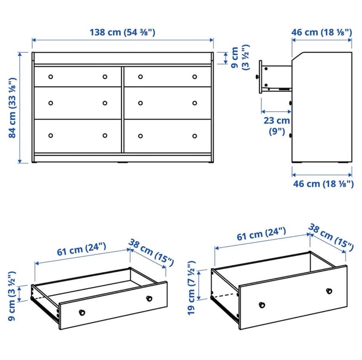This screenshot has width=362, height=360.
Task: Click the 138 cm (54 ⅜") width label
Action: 122,32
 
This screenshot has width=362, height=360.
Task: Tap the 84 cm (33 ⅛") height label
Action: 12,108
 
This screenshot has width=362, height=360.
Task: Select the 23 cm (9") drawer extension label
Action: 276,126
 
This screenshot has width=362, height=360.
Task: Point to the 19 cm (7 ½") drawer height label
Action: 192,288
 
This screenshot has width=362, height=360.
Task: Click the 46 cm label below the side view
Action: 323,184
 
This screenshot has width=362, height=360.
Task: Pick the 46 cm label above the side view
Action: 322,32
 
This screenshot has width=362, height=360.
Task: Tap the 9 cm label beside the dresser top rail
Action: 240,57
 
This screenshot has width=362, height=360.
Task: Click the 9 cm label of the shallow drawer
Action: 12,296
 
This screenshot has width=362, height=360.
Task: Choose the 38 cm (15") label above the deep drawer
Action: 331,237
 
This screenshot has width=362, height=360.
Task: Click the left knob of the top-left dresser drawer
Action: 51,77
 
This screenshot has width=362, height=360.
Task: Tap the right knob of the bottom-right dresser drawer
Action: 195,136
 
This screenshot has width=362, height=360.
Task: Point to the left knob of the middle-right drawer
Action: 140,103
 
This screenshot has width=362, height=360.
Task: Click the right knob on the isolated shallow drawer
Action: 149,298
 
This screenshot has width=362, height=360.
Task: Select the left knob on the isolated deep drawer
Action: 262,305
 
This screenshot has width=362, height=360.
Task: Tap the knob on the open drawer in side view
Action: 258,77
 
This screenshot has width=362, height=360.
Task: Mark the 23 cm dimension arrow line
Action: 276,112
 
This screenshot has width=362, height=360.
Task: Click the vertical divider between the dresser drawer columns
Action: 123,110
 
